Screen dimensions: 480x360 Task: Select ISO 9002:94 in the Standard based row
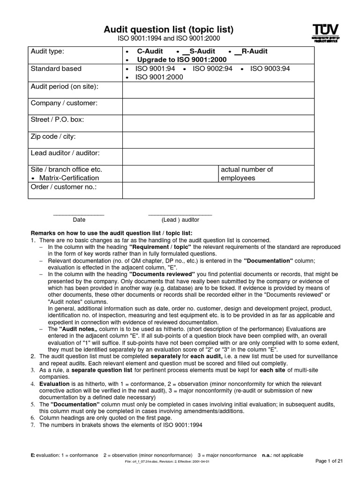coord(212,68)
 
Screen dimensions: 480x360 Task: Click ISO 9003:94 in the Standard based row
coord(270,68)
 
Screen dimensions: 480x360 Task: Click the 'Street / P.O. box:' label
coord(57,120)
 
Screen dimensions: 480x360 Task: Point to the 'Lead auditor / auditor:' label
coord(65,153)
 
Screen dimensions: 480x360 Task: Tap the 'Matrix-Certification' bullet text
coord(69,178)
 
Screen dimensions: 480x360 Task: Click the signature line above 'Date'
coord(79,214)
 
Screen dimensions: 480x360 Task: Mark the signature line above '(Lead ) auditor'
coord(180,214)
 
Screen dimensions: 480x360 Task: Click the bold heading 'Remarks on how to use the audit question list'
coord(111,233)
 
